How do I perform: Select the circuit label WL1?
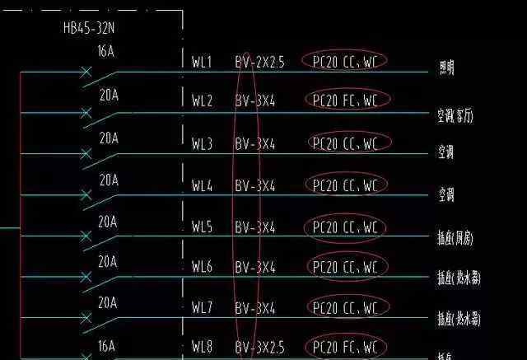click(x=202, y=62)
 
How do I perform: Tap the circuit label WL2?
click(x=202, y=101)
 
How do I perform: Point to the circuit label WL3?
click(x=202, y=144)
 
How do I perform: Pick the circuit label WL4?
click(x=202, y=186)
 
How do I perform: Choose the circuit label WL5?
click(x=202, y=227)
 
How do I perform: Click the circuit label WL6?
click(x=202, y=267)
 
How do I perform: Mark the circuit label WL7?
click(x=202, y=308)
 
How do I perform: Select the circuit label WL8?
click(x=202, y=348)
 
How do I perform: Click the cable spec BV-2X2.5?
click(x=259, y=62)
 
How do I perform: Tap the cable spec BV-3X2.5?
click(x=259, y=348)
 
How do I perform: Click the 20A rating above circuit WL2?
click(x=109, y=96)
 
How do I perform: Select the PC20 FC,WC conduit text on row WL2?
click(x=346, y=101)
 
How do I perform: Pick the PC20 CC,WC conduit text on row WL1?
click(x=345, y=61)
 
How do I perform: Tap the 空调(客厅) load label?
click(x=455, y=116)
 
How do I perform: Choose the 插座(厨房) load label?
click(x=455, y=239)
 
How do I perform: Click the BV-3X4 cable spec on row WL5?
click(x=254, y=227)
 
